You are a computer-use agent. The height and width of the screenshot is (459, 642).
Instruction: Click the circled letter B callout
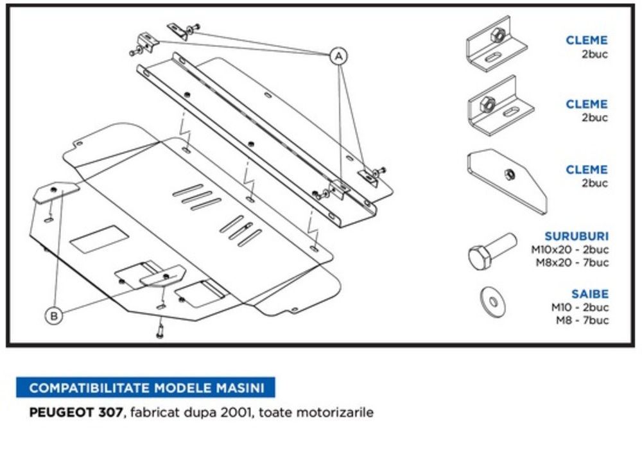tap(55, 315)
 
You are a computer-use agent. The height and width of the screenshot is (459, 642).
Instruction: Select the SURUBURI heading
tap(576, 236)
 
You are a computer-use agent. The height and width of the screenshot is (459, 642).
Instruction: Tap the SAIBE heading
tap(590, 294)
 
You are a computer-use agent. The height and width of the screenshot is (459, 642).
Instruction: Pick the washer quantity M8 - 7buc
tap(582, 320)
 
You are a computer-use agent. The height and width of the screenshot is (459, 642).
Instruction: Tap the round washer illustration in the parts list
tap(492, 302)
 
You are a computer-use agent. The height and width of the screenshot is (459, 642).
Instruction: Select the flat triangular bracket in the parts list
tap(507, 179)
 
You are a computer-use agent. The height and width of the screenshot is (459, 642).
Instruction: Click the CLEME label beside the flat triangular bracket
tap(586, 170)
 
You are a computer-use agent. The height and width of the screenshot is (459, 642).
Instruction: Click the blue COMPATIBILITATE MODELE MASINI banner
tap(146, 388)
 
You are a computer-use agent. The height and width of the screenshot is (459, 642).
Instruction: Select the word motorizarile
tap(340, 413)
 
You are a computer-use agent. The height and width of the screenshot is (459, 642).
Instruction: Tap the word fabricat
tap(153, 413)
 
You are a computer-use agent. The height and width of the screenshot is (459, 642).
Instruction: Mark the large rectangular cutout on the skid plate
tap(99, 239)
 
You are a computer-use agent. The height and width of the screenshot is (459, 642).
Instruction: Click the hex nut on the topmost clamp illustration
tap(496, 36)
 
